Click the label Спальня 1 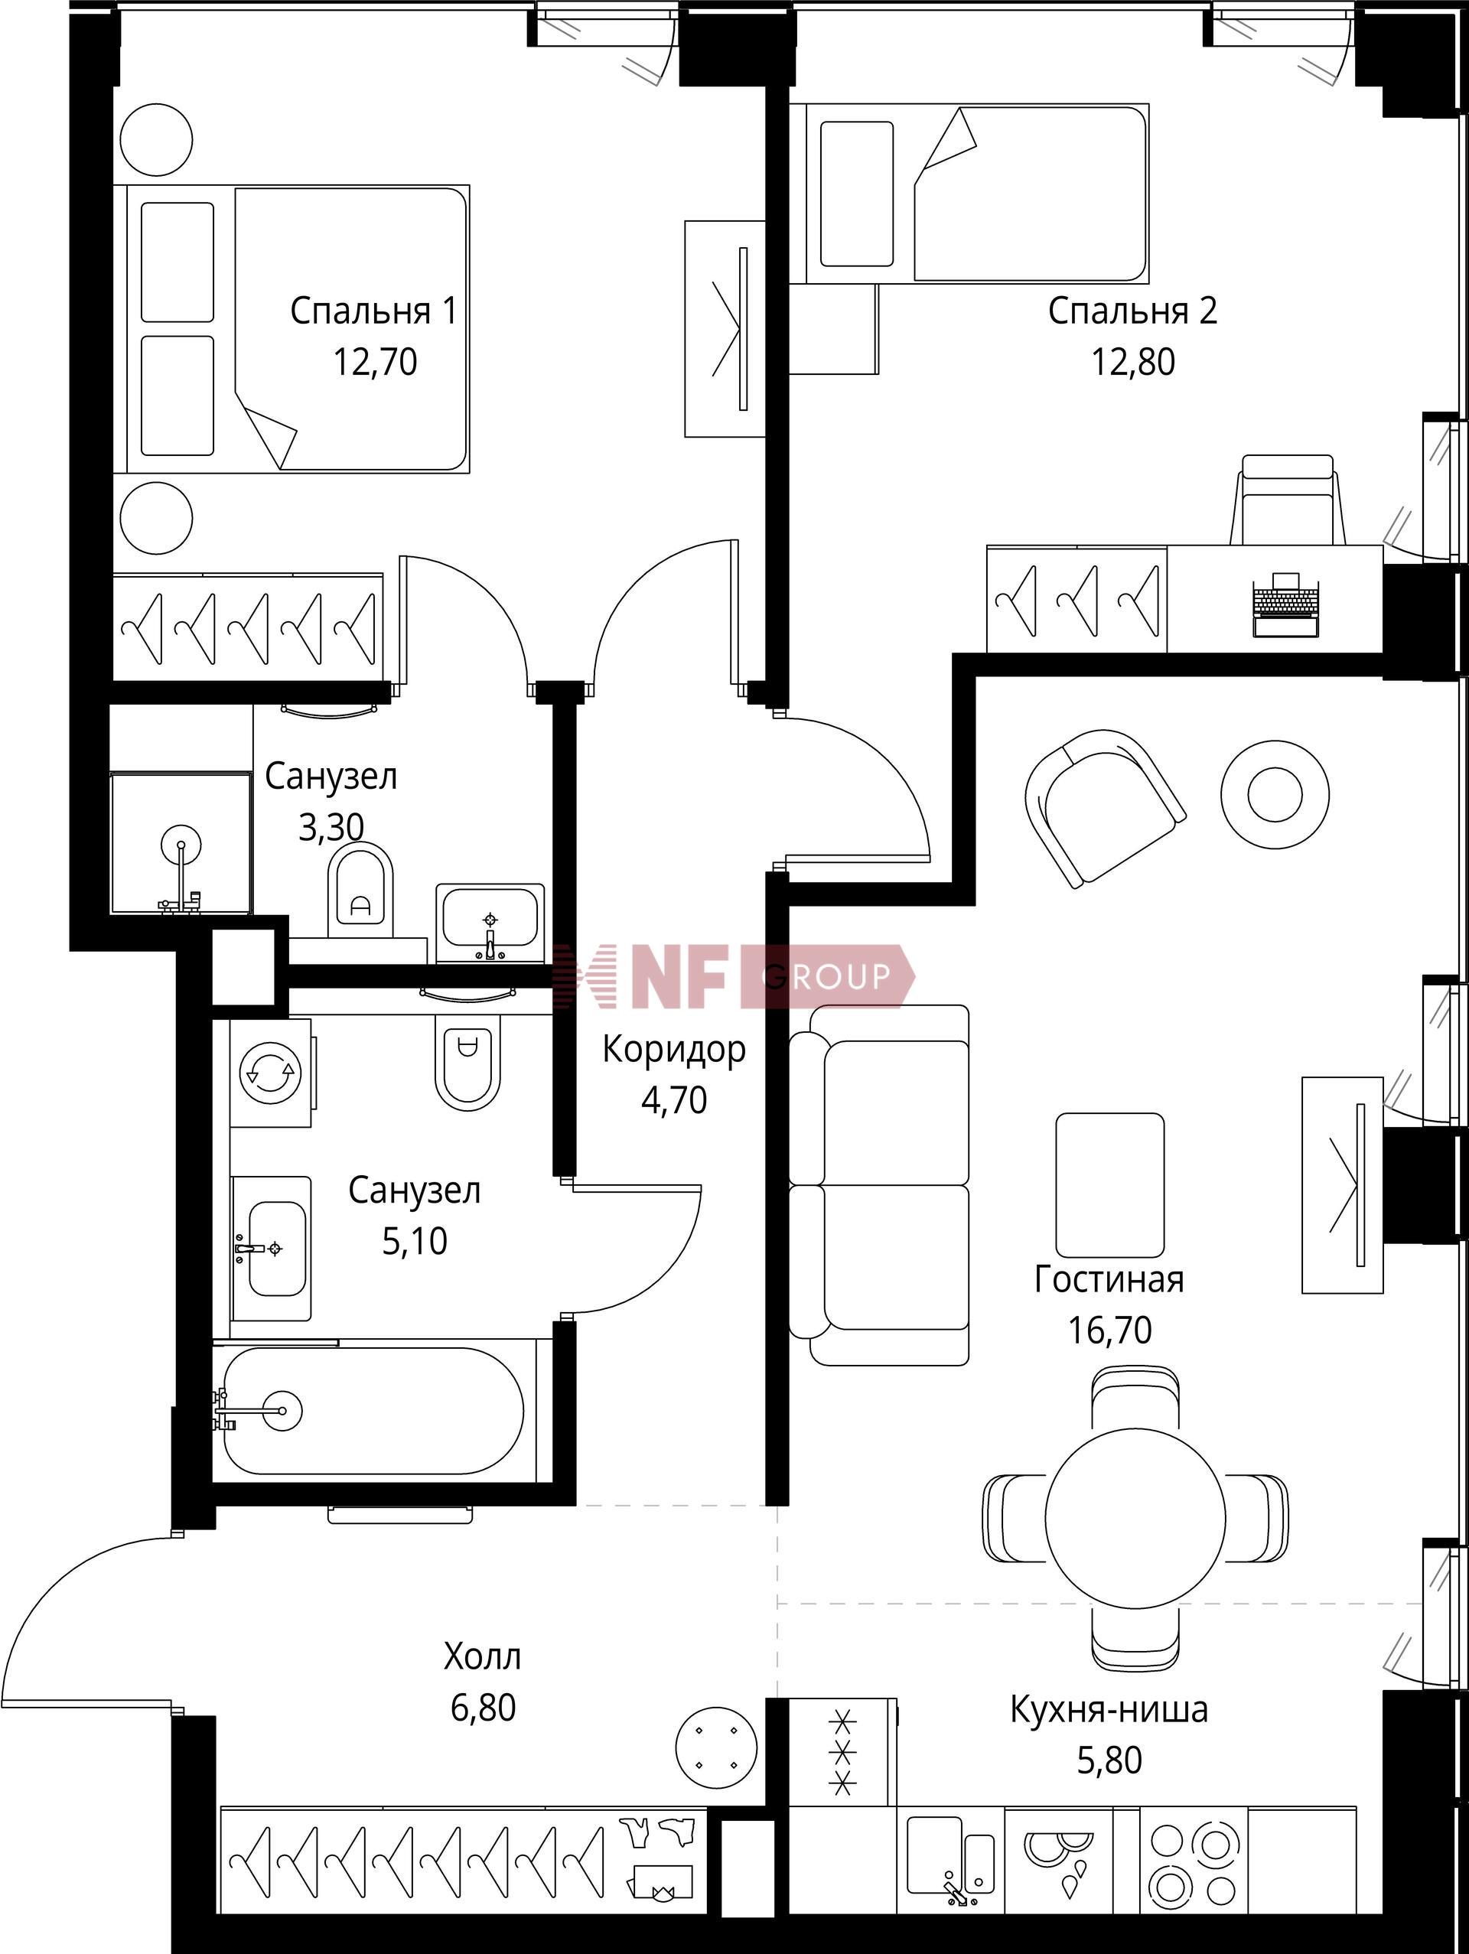373,311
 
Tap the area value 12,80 1132,362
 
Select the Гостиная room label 1109,1279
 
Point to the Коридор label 674,1050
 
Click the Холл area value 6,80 484,1708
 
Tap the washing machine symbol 271,1073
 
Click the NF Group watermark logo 733,976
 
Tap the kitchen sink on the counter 950,1855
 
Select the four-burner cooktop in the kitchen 1193,1864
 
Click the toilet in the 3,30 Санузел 360,890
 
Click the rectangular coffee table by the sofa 1110,1184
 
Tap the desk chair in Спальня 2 1288,500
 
